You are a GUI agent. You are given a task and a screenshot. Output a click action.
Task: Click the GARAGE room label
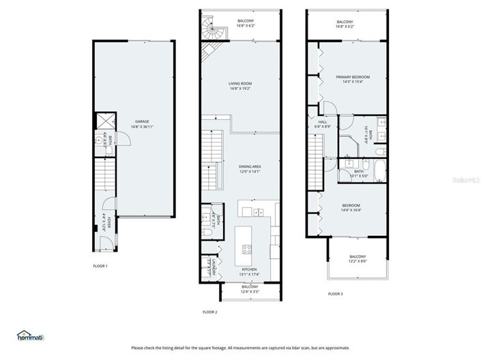click(141, 121)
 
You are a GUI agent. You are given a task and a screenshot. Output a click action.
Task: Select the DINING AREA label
click(249, 166)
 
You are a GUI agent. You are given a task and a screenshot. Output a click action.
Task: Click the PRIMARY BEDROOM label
click(352, 77)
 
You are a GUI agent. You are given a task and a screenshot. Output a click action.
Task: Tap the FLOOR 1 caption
click(100, 266)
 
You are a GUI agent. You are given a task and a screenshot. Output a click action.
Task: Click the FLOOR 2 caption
click(209, 312)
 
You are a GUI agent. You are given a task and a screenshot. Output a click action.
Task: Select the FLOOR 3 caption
click(335, 294)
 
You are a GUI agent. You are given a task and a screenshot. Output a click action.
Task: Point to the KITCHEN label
click(250, 270)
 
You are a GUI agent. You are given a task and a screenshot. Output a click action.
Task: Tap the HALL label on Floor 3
click(322, 121)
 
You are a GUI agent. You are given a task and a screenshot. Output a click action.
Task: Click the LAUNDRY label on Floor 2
click(214, 269)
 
